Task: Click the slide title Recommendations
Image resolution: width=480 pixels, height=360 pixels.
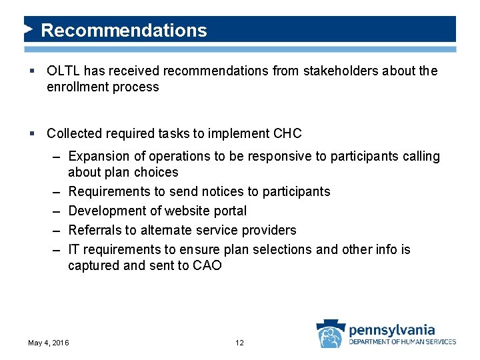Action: click(124, 31)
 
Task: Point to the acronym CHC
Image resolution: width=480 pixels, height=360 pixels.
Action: click(287, 133)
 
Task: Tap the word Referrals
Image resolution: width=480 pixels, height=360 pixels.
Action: click(95, 231)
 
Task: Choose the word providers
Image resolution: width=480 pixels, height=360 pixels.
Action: click(269, 231)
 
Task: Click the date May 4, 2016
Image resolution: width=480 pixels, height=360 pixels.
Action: click(49, 343)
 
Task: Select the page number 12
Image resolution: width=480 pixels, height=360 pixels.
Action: click(239, 343)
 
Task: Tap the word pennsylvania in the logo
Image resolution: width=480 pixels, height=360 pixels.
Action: click(391, 329)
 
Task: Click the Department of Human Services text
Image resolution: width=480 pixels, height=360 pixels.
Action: click(402, 342)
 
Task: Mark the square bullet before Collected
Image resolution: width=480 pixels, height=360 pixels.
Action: click(33, 134)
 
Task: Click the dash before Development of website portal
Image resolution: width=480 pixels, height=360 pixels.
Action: click(57, 211)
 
